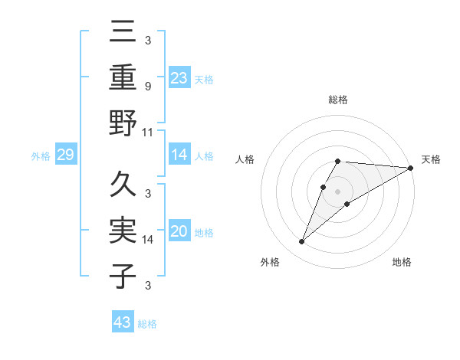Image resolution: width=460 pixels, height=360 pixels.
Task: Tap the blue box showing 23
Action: point(179,77)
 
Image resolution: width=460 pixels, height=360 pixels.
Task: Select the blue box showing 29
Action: point(65,155)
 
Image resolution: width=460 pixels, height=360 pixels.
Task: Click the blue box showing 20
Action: point(179,232)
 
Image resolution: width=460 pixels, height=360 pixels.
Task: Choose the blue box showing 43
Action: point(122,322)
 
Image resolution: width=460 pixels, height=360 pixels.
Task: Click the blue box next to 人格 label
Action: point(179,155)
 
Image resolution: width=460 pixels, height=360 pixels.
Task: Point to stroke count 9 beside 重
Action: point(148,86)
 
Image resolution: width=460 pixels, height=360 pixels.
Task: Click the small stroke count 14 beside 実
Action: point(149,240)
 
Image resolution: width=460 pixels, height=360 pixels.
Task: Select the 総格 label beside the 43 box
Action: point(147,324)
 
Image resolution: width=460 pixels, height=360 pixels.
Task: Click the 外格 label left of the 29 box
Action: point(41,156)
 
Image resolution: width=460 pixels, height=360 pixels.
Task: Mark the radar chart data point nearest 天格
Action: point(410,169)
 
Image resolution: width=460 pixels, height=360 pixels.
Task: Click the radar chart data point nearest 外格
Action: point(302,242)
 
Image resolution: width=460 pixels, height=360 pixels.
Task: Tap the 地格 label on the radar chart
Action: point(402,262)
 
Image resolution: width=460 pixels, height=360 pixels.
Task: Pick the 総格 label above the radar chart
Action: point(338,100)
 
